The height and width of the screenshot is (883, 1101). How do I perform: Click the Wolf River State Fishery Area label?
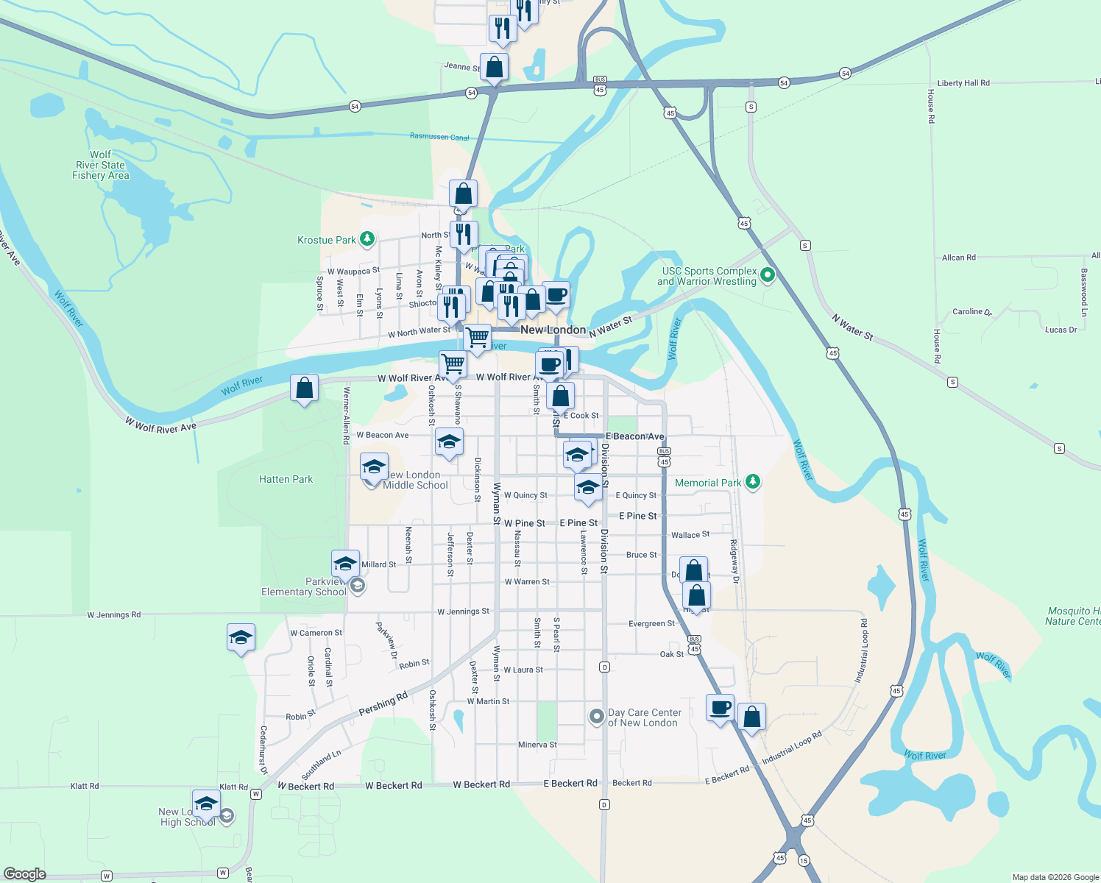tap(100, 166)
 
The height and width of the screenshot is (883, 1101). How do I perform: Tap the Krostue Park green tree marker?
tap(367, 239)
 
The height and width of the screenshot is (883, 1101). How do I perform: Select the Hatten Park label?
tap(286, 479)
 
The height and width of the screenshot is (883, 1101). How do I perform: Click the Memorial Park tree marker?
tap(752, 482)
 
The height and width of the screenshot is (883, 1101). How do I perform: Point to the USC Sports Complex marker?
tap(768, 275)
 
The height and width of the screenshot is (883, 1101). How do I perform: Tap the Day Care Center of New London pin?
tap(597, 716)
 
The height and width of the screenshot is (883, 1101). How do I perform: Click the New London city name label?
tap(553, 330)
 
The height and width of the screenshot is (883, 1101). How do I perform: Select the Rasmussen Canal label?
tap(439, 137)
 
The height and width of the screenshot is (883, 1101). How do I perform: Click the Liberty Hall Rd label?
tap(963, 83)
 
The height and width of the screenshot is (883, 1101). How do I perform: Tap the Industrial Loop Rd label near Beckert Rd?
tap(792, 748)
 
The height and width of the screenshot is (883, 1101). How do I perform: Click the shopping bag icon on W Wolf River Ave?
tap(304, 389)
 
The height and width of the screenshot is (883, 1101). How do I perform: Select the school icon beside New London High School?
tap(206, 804)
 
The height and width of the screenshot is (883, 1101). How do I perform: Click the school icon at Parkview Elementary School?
tap(345, 564)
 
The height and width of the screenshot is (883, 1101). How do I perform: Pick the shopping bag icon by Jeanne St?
tap(495, 68)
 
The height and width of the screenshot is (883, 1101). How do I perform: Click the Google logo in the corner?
tap(25, 874)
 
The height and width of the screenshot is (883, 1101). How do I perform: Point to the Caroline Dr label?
tap(971, 312)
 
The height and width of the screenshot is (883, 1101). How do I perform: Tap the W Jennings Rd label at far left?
tap(113, 614)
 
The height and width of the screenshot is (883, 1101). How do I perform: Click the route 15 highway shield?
tap(804, 861)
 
